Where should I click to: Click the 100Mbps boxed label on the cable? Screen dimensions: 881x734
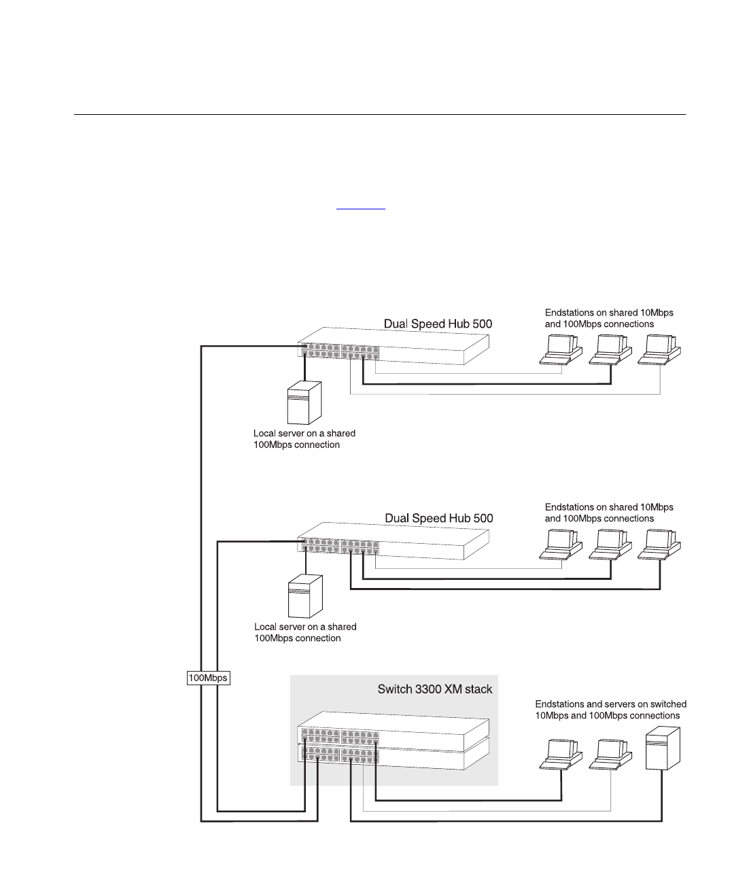click(209, 678)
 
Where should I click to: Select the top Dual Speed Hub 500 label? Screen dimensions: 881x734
click(438, 324)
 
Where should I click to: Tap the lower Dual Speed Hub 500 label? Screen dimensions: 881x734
click(438, 519)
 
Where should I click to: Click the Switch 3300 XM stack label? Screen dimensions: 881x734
click(435, 689)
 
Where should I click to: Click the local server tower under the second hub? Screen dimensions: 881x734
click(305, 597)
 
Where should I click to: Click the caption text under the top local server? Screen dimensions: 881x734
click(304, 438)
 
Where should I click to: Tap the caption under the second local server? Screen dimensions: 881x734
click(304, 632)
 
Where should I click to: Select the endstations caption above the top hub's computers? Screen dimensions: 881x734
click(609, 318)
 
